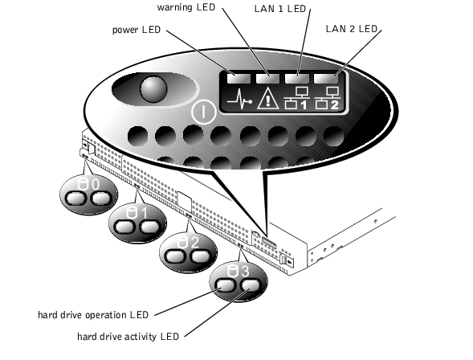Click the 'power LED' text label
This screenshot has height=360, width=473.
click(137, 30)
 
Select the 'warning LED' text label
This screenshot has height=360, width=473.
click(186, 7)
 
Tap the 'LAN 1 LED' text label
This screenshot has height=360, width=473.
click(280, 9)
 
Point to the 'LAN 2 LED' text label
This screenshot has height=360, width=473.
click(352, 29)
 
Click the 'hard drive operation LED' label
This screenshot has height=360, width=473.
click(93, 315)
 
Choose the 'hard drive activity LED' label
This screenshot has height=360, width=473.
click(128, 336)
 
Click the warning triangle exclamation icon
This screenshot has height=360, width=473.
click(267, 97)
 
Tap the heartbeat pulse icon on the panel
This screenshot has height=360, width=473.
click(239, 99)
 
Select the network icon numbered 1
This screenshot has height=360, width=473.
click(296, 98)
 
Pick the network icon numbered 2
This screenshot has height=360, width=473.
click(327, 98)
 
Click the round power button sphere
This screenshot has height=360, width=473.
click(153, 89)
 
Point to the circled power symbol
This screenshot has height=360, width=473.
click(203, 112)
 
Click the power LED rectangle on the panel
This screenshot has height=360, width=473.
click(239, 79)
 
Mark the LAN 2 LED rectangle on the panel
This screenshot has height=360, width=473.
click(326, 79)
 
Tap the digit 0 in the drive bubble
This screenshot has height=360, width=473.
click(95, 184)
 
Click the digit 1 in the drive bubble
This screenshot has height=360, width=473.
click(145, 213)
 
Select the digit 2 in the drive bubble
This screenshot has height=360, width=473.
click(194, 243)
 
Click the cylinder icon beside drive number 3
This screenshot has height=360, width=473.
click(231, 272)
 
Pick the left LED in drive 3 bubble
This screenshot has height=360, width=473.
click(226, 285)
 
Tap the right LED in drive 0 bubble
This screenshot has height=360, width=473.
click(102, 198)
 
